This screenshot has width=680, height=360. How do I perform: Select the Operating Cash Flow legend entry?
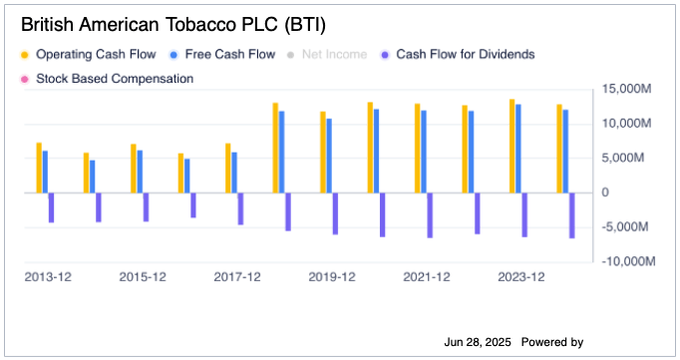pos(85,54)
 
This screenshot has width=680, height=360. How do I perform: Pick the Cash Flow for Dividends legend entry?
pos(464,54)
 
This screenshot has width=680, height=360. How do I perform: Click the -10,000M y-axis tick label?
pos(626,261)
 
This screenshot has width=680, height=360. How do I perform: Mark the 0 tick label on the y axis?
pos(603,192)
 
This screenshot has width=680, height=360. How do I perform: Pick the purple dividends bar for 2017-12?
pos(240,208)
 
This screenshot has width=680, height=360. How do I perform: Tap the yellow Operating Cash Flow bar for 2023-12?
pos(512,146)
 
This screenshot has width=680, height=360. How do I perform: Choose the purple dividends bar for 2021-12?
pos(430,214)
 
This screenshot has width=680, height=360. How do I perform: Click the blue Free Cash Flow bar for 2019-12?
pos(329,156)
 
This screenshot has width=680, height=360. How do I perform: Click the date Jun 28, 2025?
pos(477,342)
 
